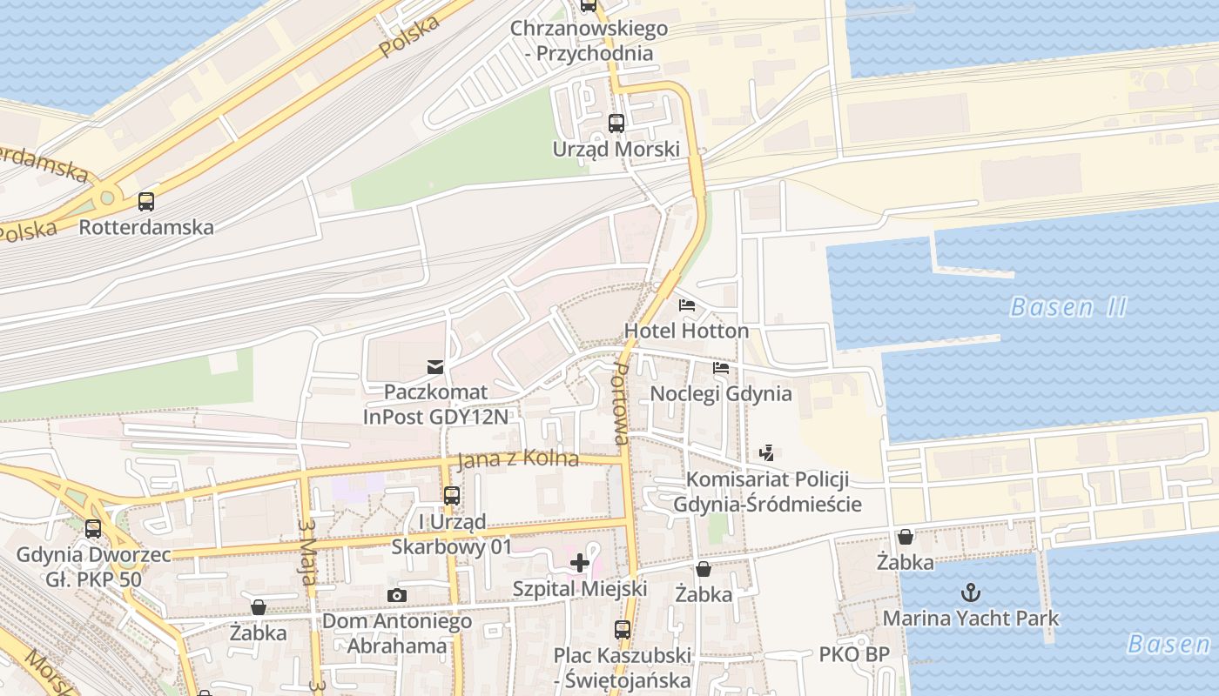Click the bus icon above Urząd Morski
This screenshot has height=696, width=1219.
[616, 123]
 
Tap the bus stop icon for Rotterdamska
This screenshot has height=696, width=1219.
[146, 202]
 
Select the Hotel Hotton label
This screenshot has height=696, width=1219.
[686, 331]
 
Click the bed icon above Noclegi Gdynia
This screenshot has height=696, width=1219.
[721, 368]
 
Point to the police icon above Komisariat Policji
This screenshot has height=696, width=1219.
[767, 452]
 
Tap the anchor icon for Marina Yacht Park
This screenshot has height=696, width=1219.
[970, 592]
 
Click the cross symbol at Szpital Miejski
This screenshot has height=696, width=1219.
[580, 563]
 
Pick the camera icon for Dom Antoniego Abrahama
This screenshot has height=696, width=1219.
[397, 595]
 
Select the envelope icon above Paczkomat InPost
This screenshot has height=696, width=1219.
[435, 366]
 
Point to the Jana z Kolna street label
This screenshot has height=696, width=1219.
[517, 458]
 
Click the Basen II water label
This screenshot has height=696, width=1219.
[1068, 307]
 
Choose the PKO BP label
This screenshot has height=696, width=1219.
[853, 654]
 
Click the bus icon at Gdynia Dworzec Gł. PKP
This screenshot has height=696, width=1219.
[93, 528]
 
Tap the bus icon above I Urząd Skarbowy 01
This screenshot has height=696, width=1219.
[451, 496]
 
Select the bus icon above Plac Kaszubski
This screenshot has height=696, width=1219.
[622, 629]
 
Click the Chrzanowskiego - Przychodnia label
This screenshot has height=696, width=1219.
[589, 40]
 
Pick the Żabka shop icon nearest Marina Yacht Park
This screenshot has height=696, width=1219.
[906, 537]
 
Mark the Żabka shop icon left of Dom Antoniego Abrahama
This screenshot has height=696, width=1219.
[259, 607]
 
